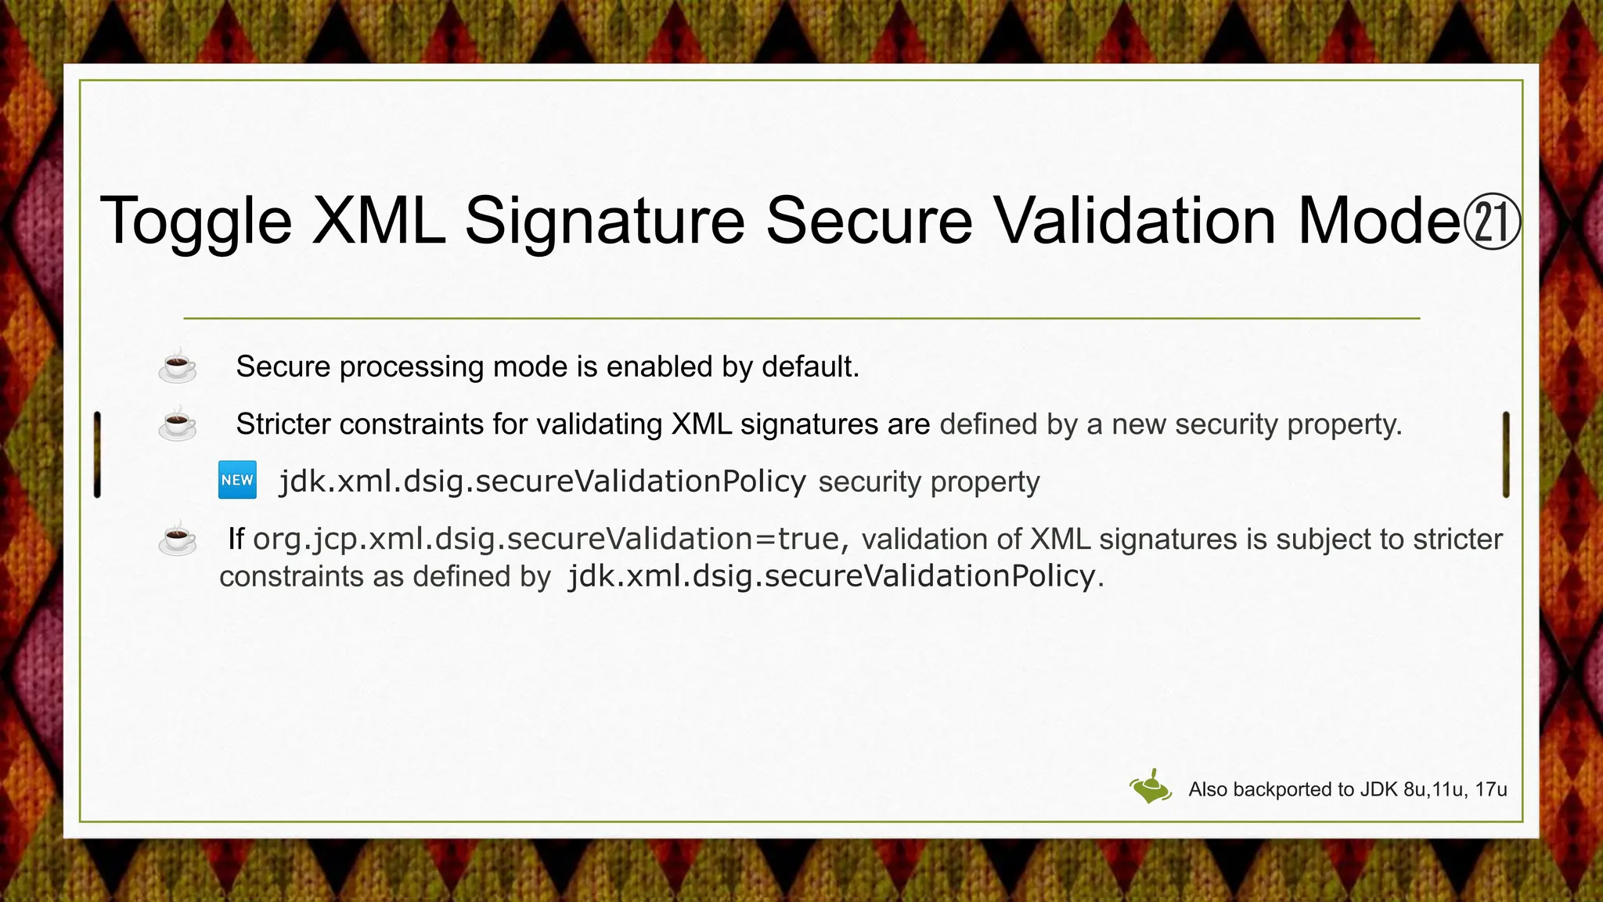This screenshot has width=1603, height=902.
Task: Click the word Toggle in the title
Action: [x=196, y=221]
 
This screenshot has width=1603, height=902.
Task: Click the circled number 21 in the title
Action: [x=1491, y=222]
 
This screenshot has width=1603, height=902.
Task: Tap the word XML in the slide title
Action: [x=378, y=221]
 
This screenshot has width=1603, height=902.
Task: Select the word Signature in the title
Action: [x=604, y=221]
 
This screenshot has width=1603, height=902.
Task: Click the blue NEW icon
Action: [x=237, y=480]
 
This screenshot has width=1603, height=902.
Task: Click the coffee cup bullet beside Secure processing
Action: [x=178, y=366]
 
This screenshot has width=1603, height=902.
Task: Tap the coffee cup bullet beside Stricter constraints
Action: [x=178, y=424]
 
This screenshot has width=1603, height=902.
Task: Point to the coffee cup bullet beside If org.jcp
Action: [x=178, y=538]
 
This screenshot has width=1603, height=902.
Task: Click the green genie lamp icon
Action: [x=1150, y=787]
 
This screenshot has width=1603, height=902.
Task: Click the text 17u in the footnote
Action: [x=1490, y=789]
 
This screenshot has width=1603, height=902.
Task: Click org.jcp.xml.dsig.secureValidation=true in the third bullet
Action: [x=546, y=539]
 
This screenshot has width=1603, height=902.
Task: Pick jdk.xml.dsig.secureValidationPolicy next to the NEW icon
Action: [x=542, y=481]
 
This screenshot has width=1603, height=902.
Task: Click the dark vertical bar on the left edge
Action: [x=97, y=454]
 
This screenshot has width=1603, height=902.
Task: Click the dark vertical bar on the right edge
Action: [x=1505, y=454]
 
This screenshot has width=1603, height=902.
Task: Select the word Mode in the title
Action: [x=1378, y=221]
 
